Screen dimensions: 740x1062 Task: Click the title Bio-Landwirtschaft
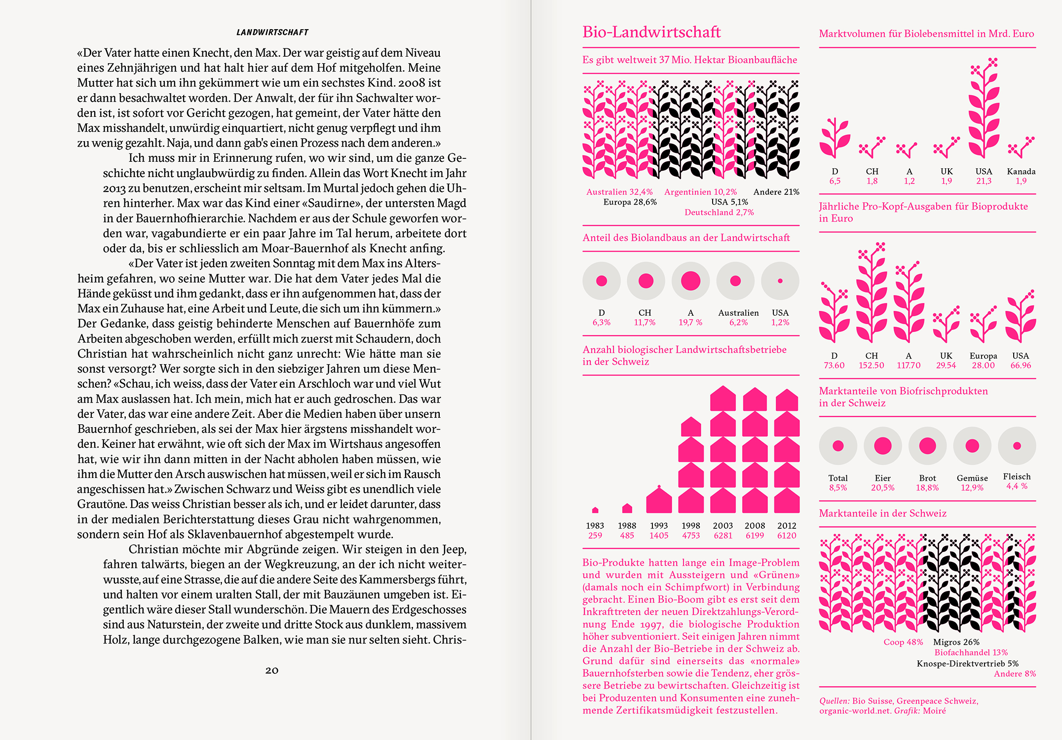tap(651, 32)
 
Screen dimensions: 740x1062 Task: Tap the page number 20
tap(272, 670)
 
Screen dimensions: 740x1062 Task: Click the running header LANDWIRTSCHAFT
tap(272, 33)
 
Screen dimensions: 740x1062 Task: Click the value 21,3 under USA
tap(984, 181)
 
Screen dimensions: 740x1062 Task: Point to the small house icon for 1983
tap(595, 510)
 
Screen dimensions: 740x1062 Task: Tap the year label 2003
tap(723, 526)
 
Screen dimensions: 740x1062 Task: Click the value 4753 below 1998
tap(691, 536)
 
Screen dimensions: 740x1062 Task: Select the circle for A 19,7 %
tap(690, 281)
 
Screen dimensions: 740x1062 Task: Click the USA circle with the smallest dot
tap(780, 281)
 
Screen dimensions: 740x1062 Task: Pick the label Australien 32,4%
tap(619, 192)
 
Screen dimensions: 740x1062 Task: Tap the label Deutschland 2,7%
tap(719, 213)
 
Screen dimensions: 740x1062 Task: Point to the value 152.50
tap(872, 366)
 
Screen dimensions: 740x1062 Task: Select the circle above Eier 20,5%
tap(882, 446)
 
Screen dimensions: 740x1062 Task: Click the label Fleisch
tap(1017, 477)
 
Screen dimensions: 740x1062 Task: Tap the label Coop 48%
tap(903, 642)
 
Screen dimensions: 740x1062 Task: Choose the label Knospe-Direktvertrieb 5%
tap(967, 664)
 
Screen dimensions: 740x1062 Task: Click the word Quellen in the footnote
tap(834, 701)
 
